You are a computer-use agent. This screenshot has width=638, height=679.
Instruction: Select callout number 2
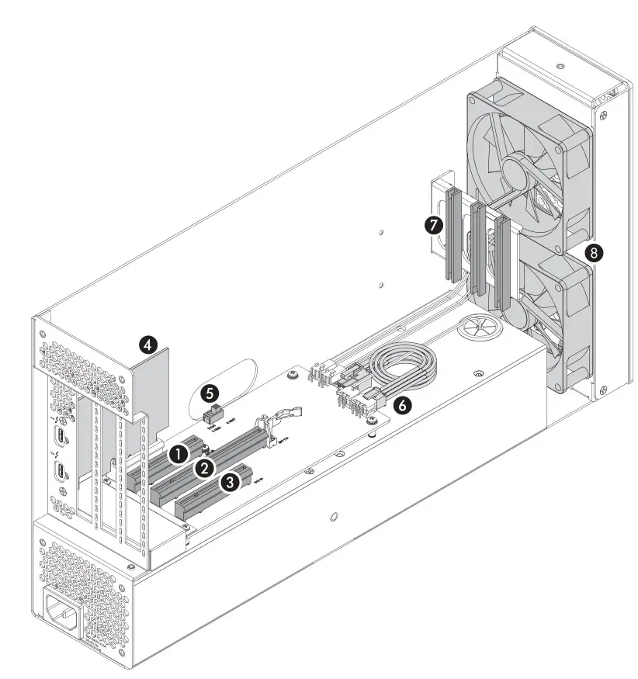click(x=204, y=468)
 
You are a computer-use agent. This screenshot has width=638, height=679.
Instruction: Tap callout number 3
click(x=230, y=482)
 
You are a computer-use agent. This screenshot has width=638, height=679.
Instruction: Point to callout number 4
click(x=147, y=342)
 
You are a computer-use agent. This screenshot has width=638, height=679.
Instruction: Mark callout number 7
click(x=434, y=226)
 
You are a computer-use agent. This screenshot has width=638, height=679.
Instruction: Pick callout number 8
click(x=595, y=252)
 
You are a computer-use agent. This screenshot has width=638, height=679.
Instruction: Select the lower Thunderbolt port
click(x=60, y=471)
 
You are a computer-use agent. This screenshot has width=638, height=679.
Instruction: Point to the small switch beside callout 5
click(x=211, y=414)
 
